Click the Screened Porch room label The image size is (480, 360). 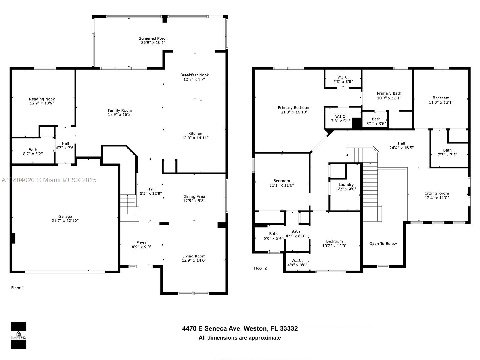point(153,38)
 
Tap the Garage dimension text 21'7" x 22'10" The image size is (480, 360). point(65,220)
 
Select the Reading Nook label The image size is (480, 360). point(42,99)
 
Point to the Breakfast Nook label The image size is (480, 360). point(195,75)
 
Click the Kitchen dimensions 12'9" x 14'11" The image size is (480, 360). point(195,137)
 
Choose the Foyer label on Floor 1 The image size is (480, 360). point(142,243)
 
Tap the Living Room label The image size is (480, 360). point(194,256)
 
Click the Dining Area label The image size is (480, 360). point(194,196)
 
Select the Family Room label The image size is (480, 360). point(120,110)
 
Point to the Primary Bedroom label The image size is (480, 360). point(294,107)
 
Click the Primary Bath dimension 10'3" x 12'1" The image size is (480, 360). point(389,98)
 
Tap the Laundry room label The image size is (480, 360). point(346,185)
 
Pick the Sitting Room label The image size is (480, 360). point(437,193)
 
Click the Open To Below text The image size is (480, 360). point(383,244)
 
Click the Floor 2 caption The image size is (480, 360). point(260,268)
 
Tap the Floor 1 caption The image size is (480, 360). point(18,288)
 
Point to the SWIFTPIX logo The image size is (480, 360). point(19,335)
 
